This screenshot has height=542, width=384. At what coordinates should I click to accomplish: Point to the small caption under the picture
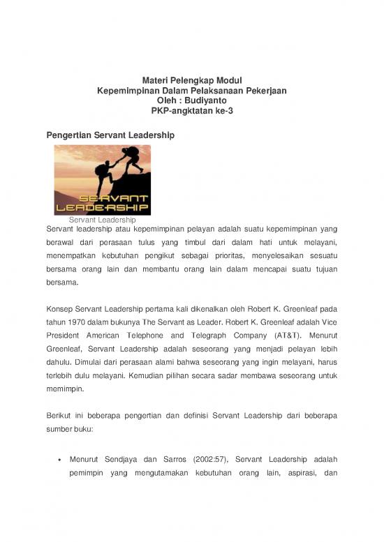(102, 220)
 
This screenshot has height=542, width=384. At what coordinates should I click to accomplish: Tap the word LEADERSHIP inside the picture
(102, 207)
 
